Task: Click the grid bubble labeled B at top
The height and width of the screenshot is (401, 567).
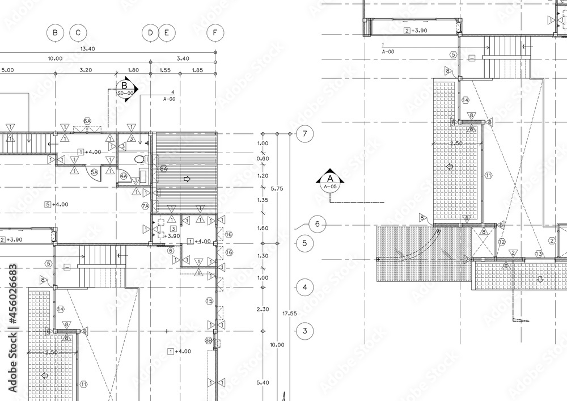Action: (55, 33)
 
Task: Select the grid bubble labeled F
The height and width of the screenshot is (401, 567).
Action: (215, 33)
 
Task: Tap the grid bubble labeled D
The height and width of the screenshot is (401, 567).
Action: (150, 33)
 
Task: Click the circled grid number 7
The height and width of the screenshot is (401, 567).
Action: (305, 134)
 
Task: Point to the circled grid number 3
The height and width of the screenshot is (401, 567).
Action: (305, 331)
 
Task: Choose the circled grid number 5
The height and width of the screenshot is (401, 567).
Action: (305, 244)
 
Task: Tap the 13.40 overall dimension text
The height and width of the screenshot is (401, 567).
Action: (88, 49)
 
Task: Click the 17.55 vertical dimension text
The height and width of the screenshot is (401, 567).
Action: (290, 313)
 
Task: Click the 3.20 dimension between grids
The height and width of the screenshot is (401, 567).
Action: (85, 70)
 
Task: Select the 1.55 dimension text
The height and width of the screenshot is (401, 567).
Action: (165, 70)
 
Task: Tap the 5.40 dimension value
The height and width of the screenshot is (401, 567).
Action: (263, 383)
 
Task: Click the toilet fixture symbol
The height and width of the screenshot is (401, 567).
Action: (139, 161)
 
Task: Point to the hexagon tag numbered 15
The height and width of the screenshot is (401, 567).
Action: (209, 301)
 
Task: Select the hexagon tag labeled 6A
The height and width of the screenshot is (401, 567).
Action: (87, 121)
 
